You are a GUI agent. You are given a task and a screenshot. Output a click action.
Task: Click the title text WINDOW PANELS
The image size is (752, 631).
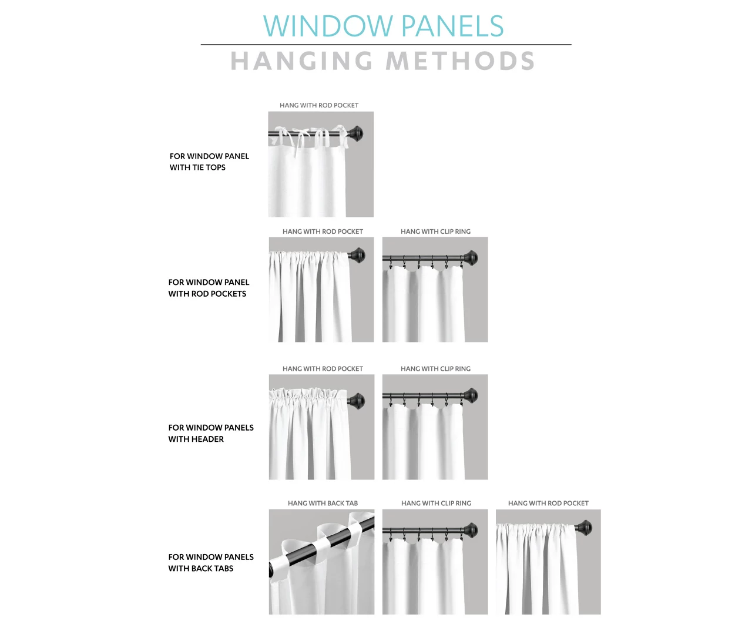(383, 26)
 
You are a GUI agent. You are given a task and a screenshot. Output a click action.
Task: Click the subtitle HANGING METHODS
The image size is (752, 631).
(382, 61)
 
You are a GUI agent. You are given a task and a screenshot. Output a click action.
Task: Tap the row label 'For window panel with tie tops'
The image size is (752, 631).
(209, 162)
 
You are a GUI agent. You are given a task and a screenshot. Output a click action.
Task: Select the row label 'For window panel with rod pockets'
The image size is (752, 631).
(209, 288)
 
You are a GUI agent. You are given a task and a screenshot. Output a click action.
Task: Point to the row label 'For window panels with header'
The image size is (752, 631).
(211, 433)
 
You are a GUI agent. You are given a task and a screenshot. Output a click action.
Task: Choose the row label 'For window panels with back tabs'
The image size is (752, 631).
(211, 562)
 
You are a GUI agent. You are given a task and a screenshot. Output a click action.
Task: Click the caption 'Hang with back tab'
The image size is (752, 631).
(323, 503)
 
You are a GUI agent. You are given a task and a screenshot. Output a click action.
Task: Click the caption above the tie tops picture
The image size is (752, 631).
(319, 105)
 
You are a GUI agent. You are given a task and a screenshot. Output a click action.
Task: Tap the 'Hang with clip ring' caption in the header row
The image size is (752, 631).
(435, 368)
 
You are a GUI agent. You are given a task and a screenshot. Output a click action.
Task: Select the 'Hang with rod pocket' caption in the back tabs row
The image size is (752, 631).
(548, 503)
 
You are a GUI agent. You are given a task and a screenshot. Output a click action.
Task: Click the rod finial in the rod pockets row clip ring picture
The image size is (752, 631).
(470, 258)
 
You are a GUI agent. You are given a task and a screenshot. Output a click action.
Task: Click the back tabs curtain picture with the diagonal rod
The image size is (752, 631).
(321, 561)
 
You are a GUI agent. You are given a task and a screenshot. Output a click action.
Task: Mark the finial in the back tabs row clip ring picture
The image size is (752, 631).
(470, 530)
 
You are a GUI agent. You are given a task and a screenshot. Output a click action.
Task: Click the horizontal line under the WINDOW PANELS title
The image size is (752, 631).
(385, 45)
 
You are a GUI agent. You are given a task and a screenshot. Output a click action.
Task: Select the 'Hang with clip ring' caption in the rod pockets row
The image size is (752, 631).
(435, 231)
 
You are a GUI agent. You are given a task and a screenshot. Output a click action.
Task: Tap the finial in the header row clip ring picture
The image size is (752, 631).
(470, 395)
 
